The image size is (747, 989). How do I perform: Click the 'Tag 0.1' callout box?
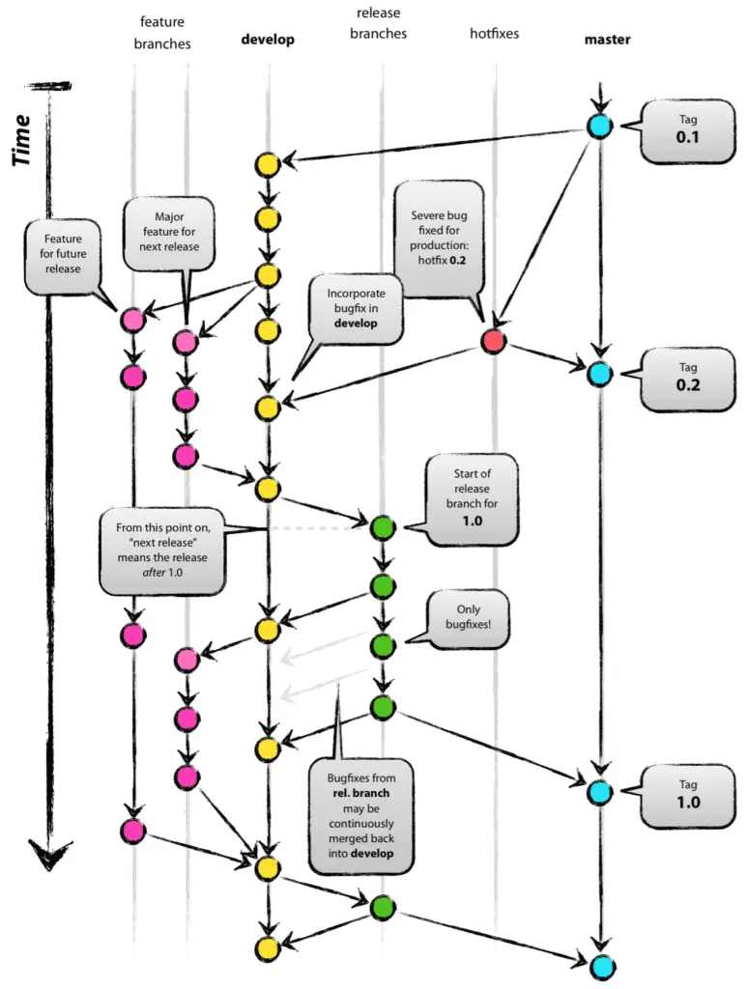[x=687, y=130]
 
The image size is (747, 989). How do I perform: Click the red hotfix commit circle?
[x=494, y=341]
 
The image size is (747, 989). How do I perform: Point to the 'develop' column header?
[x=268, y=40]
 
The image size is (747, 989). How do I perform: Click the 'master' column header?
[x=607, y=40]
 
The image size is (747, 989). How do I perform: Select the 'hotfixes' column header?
[x=494, y=34]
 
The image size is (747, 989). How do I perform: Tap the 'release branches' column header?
[x=382, y=24]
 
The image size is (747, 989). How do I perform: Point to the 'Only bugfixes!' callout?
[x=468, y=618]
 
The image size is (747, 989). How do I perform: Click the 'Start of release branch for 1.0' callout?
[x=474, y=496]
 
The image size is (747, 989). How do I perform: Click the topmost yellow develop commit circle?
[x=268, y=164]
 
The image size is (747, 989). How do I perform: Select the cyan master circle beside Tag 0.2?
[x=599, y=373]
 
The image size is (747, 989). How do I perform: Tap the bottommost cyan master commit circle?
[x=600, y=965]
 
